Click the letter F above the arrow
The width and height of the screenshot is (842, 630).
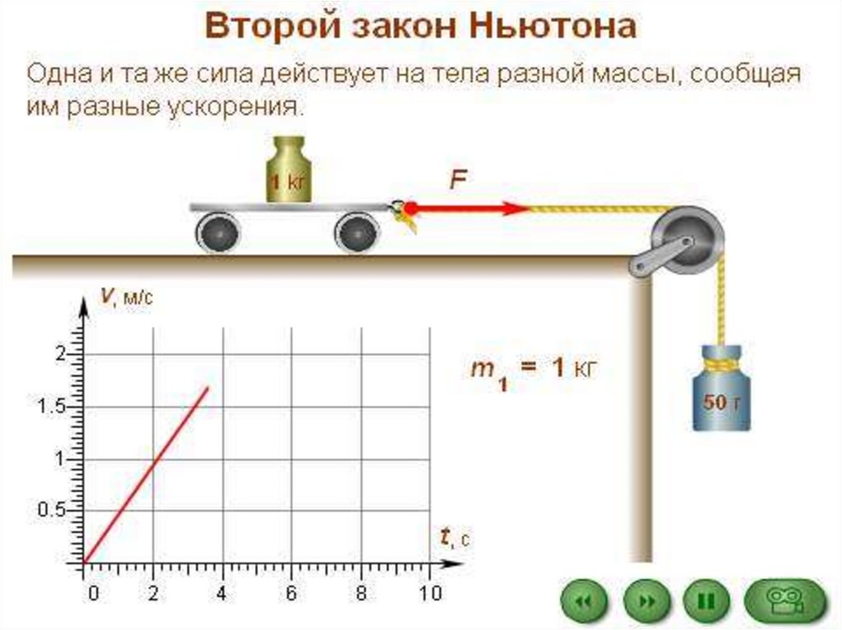tap(457, 180)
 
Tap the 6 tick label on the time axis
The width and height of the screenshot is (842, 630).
tap(291, 593)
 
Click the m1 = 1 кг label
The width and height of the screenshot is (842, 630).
tap(531, 370)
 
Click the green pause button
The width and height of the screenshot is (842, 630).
tap(707, 602)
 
